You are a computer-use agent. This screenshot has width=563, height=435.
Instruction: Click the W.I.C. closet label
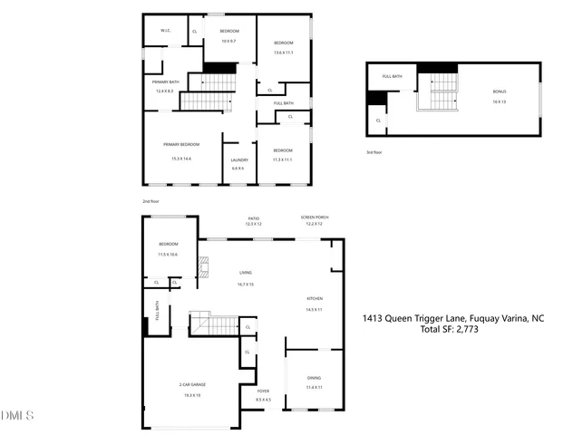pyautogui.click(x=166, y=32)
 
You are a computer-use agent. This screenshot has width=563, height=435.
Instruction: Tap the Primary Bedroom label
pyautogui.click(x=181, y=144)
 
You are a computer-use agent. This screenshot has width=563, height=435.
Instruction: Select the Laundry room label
pyautogui.click(x=238, y=160)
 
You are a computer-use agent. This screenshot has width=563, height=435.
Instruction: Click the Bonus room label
pyautogui.click(x=499, y=92)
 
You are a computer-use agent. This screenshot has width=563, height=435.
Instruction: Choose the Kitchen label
pyautogui.click(x=315, y=298)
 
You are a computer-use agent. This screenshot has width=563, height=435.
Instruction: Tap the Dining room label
pyautogui.click(x=314, y=378)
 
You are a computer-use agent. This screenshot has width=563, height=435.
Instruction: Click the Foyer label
pyautogui.click(x=264, y=391)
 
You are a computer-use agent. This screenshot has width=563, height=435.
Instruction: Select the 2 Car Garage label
pyautogui.click(x=191, y=385)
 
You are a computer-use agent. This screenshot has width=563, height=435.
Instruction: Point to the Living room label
pyautogui.click(x=245, y=272)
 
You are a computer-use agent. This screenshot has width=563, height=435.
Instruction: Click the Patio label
pyautogui.click(x=254, y=218)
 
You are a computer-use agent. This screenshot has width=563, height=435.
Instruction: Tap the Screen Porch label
pyautogui.click(x=314, y=218)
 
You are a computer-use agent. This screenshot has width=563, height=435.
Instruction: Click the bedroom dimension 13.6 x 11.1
pyautogui.click(x=284, y=53)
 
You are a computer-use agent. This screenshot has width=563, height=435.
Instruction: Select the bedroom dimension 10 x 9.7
pyautogui.click(x=228, y=41)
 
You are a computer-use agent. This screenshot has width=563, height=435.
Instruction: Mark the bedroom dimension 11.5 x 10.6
pyautogui.click(x=169, y=255)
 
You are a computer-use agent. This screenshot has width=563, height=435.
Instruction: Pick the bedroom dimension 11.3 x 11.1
pyautogui.click(x=283, y=159)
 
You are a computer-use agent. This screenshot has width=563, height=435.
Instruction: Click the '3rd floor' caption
pyautogui.click(x=374, y=152)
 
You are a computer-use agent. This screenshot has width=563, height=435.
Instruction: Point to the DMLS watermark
pyautogui.click(x=17, y=415)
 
